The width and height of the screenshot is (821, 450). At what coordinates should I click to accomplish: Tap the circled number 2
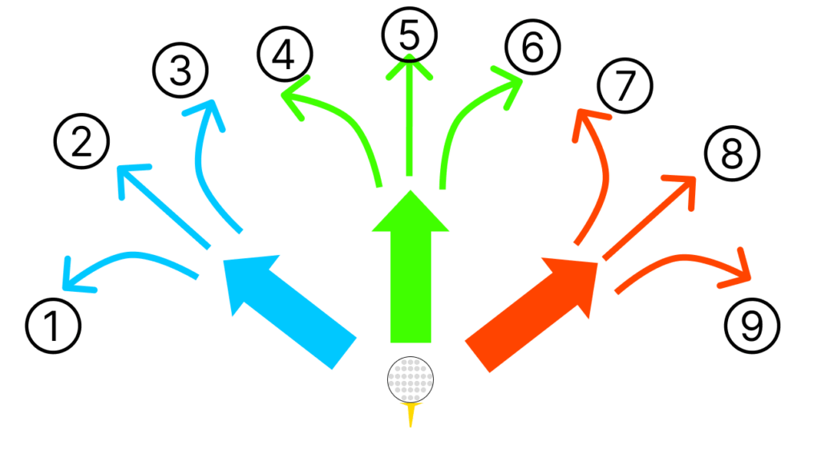pyautogui.click(x=82, y=143)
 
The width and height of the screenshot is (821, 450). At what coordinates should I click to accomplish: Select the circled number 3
pyautogui.click(x=180, y=73)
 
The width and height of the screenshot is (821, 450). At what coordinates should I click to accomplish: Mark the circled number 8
pyautogui.click(x=732, y=154)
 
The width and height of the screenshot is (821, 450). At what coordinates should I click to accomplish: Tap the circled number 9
pyautogui.click(x=752, y=326)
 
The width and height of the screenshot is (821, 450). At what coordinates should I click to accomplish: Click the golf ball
pyautogui.click(x=410, y=379)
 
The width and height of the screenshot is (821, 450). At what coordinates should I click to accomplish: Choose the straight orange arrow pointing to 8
pyautogui.click(x=649, y=217)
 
